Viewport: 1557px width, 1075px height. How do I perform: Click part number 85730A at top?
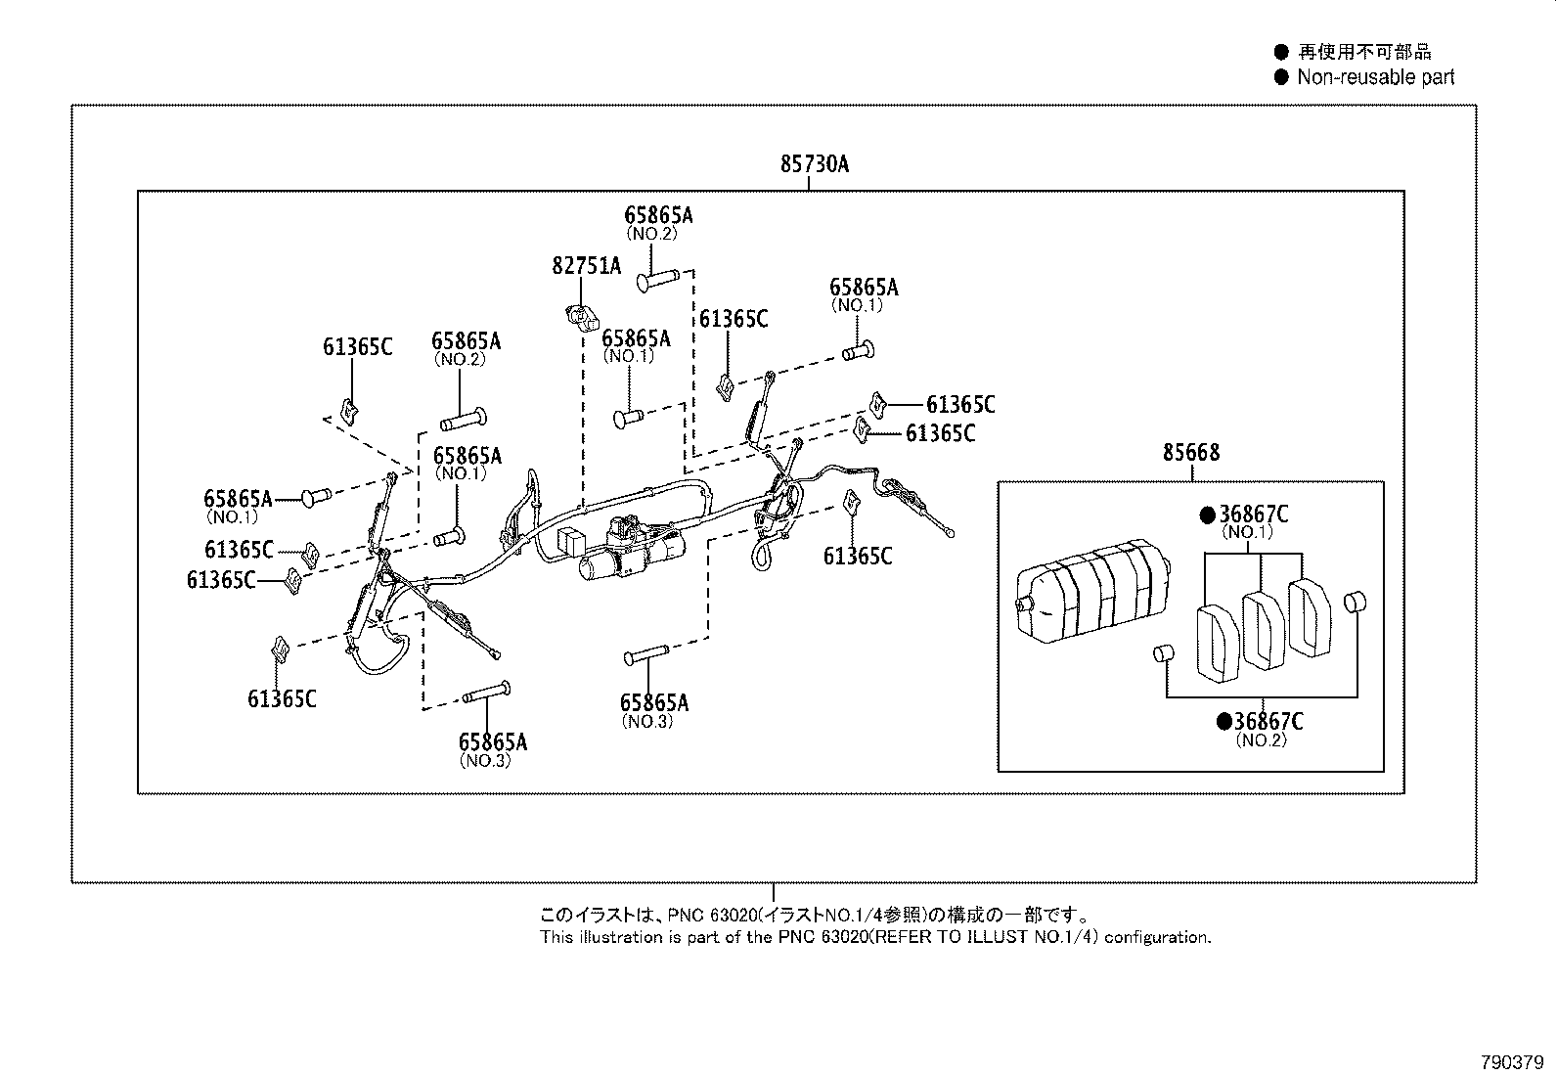pos(814,164)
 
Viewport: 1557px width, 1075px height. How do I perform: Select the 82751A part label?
pos(586,265)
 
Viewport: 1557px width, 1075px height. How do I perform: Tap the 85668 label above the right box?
pos(1190,453)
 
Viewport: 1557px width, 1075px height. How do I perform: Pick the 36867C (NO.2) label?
pos(1268,722)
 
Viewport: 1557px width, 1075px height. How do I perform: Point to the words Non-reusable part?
pos(1375,77)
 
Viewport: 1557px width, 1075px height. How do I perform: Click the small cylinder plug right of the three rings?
pos(1355,603)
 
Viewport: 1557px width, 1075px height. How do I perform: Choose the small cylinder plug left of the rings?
pos(1162,653)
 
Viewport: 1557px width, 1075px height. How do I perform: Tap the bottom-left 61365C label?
pos(282,698)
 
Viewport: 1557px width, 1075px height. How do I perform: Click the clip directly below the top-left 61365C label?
pos(347,411)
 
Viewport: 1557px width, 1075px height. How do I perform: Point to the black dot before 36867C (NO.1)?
pos(1208,515)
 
